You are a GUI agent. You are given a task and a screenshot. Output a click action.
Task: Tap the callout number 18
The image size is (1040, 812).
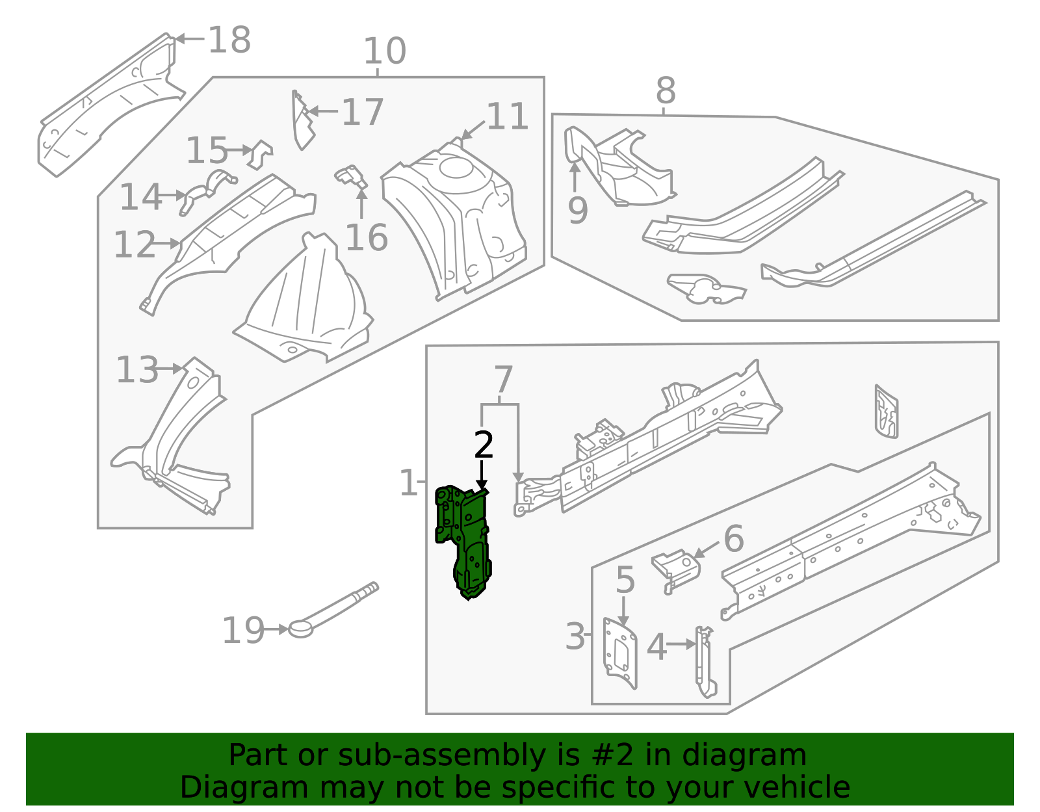[x=229, y=40]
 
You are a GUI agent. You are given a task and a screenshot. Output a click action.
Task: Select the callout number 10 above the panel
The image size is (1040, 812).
[x=384, y=51]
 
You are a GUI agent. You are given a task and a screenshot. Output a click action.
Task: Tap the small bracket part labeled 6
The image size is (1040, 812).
[x=676, y=566]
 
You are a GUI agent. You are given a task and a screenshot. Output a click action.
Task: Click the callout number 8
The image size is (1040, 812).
[x=665, y=91]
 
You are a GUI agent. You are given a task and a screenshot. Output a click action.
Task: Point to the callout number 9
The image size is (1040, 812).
[x=577, y=210]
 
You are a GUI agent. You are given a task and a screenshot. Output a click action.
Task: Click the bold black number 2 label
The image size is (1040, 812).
[x=484, y=445]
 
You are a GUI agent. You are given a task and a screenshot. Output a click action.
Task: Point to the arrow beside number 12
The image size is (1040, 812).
[x=168, y=244]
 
